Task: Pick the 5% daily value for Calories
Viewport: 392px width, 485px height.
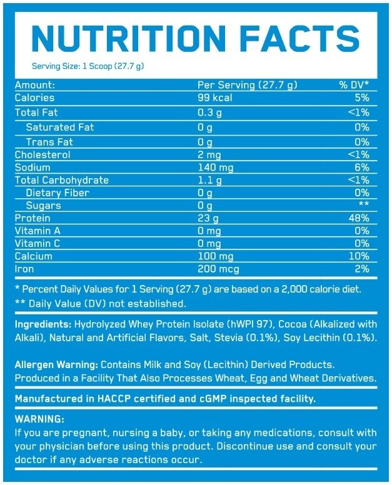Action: pos(362,98)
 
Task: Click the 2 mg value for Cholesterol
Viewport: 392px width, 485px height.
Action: pos(211,155)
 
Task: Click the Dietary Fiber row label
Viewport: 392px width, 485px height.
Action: pos(58,193)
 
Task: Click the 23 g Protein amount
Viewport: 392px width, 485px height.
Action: pos(209,218)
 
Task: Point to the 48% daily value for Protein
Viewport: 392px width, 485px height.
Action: pos(359,218)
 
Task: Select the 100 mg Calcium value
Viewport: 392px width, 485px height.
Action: pos(216,256)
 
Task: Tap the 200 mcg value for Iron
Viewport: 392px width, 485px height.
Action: pos(218,269)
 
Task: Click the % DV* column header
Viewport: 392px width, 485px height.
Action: pos(354,85)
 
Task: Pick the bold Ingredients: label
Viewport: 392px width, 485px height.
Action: pos(43,325)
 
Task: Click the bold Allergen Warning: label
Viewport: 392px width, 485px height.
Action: pos(57,364)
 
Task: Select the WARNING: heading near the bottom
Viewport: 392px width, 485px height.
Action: pos(38,419)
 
